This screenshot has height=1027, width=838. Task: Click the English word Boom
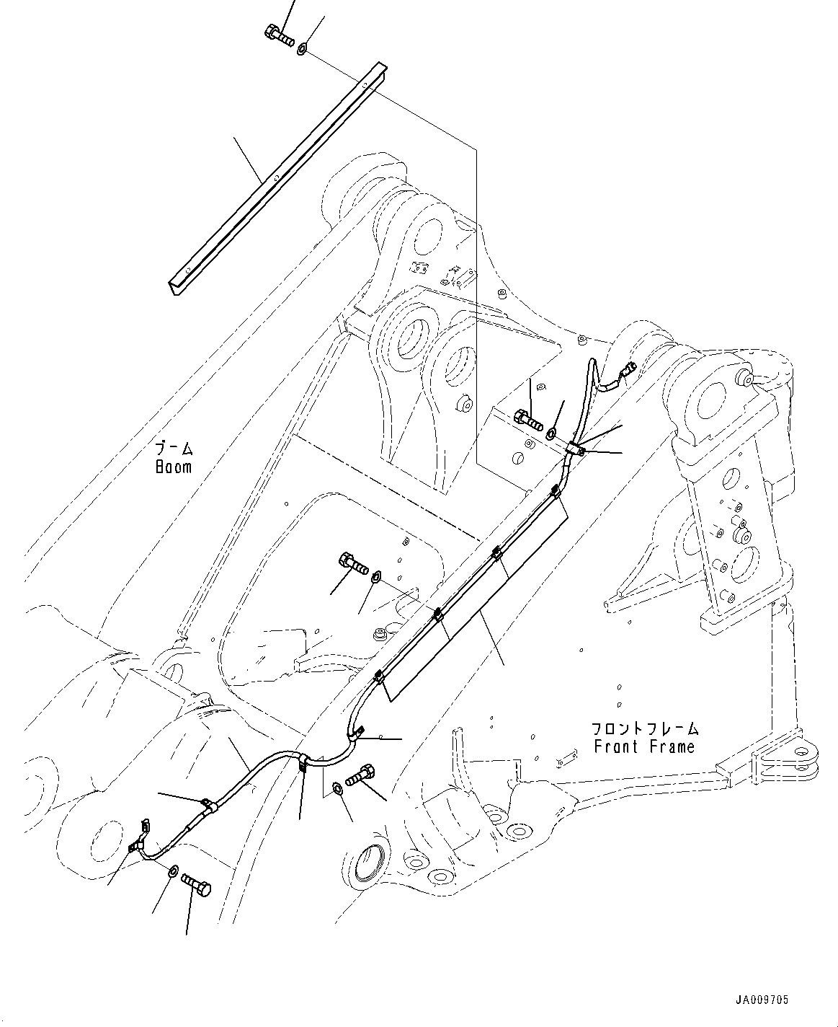tap(174, 467)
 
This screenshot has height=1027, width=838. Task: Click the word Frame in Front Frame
tap(672, 746)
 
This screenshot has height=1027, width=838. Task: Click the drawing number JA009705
tap(762, 1000)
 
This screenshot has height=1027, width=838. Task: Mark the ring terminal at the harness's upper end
tap(627, 371)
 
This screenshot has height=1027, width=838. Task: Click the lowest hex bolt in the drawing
tap(195, 883)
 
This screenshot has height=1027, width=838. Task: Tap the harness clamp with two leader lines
tap(576, 449)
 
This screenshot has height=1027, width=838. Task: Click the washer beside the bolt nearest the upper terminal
tap(551, 433)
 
